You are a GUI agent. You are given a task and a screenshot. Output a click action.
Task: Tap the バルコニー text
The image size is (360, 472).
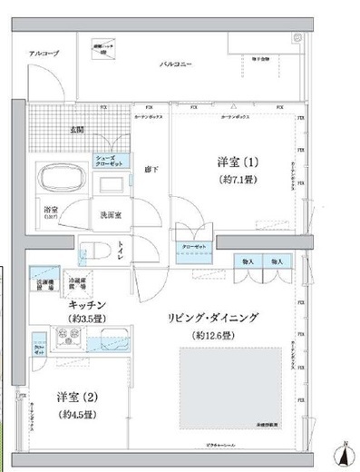click(174, 65)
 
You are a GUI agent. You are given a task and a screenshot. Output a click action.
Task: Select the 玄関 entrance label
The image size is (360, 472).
click(79, 129)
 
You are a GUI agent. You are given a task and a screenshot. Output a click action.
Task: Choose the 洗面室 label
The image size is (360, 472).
click(112, 215)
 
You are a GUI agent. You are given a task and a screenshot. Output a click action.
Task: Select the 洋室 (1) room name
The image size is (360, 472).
click(238, 162)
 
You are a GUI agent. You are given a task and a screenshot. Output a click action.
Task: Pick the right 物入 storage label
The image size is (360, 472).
click(277, 261)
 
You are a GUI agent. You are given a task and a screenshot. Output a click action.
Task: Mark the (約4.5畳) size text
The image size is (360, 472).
click(79, 415)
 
